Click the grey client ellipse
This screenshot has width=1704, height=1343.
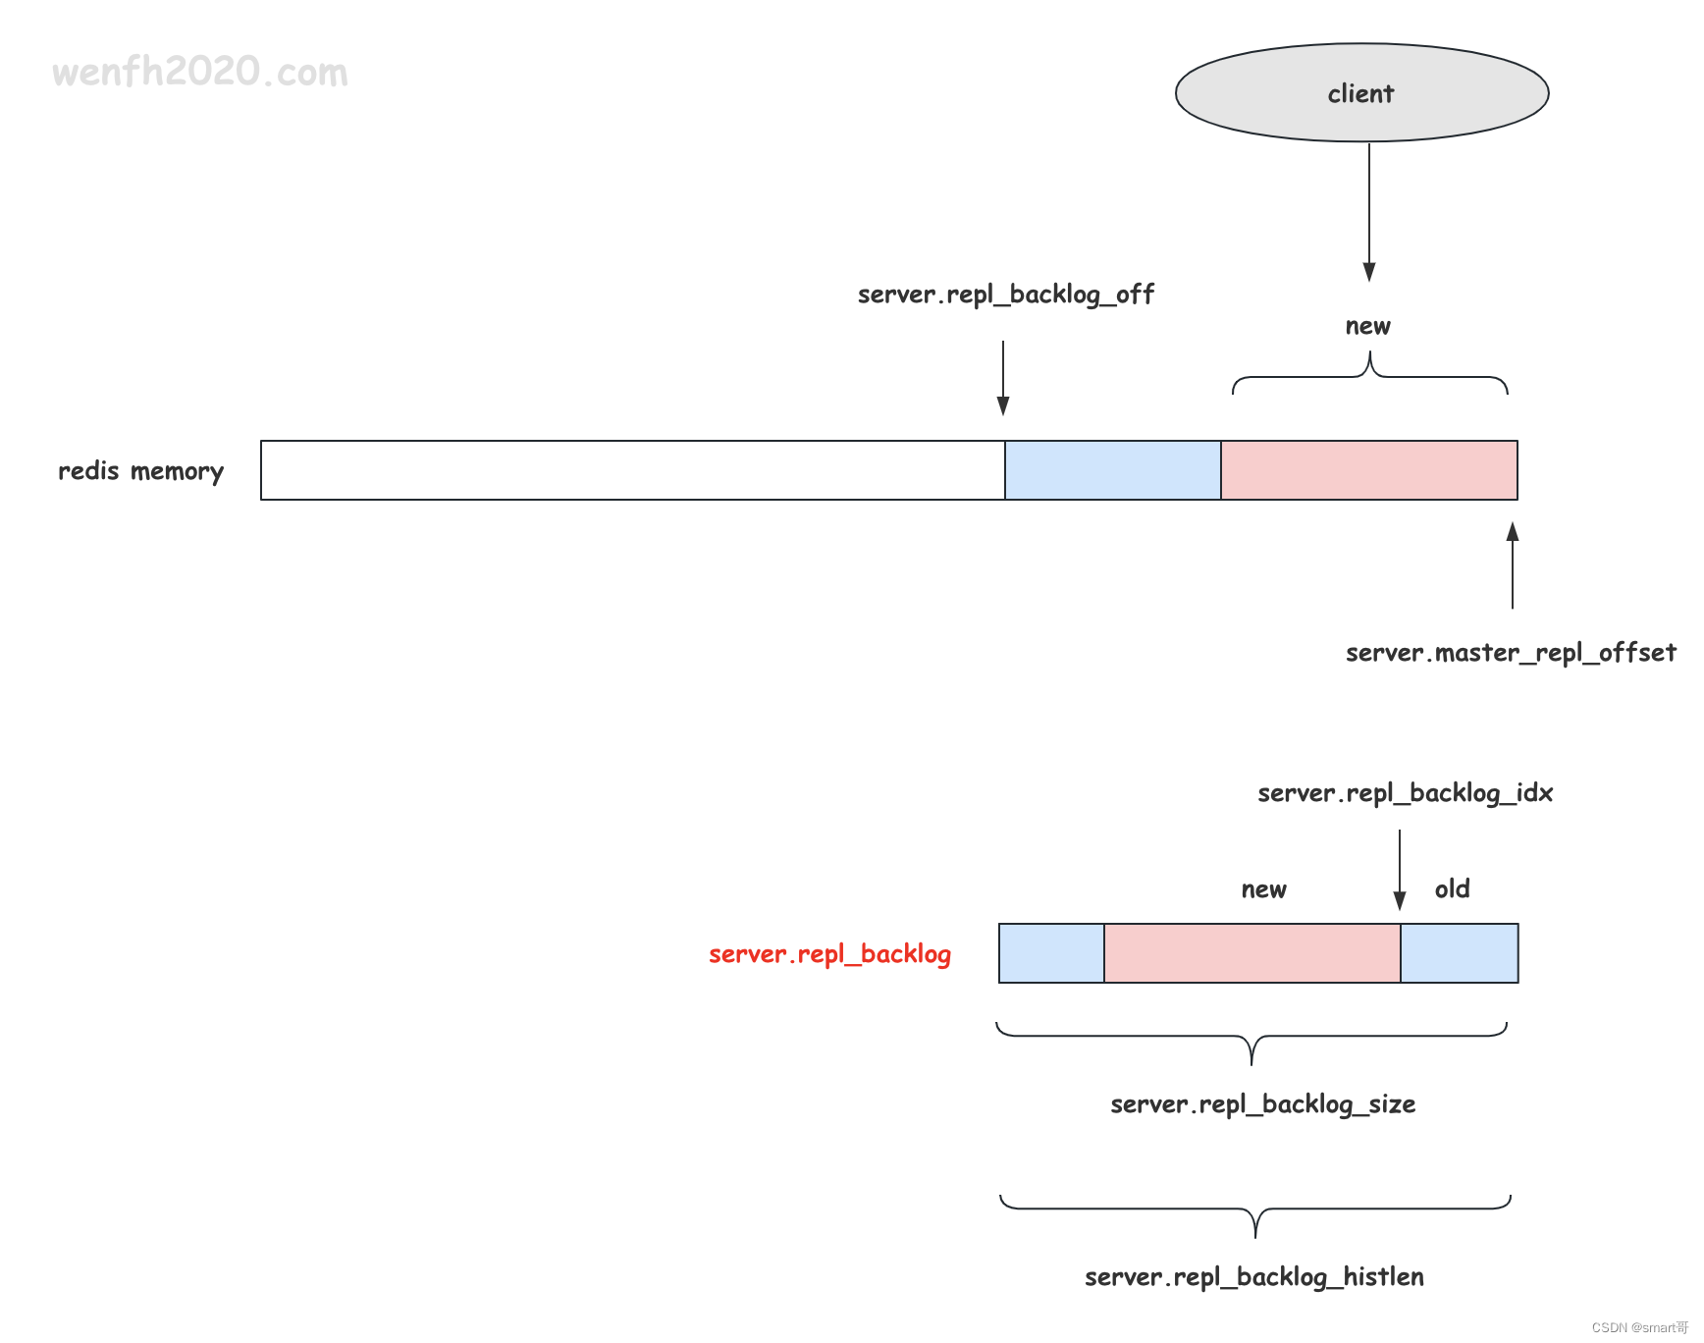[1361, 93]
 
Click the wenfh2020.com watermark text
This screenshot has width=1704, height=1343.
[200, 72]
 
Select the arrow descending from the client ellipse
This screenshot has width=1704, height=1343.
[1369, 211]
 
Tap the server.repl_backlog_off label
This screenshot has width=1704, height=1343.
[1005, 295]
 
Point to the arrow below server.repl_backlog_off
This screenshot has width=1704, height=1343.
[1003, 378]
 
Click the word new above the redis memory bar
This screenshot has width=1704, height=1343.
[1367, 326]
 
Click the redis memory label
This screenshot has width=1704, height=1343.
[141, 471]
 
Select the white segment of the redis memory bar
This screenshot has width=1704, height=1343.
[632, 470]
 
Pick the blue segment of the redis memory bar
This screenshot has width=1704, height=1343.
[1113, 470]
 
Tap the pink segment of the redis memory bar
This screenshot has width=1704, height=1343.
[1369, 470]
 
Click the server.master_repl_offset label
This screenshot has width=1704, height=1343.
[1511, 653]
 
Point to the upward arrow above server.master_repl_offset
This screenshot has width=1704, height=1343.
[1513, 565]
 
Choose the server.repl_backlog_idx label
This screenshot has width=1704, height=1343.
[1405, 793]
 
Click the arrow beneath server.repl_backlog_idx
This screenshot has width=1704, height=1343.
[1400, 869]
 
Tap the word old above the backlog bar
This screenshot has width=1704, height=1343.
[1452, 889]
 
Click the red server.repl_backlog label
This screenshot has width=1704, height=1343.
[829, 954]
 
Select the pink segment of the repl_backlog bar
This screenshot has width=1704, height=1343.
[1252, 953]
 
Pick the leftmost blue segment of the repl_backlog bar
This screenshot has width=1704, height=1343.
[1051, 953]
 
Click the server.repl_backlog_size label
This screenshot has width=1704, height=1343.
[1262, 1104]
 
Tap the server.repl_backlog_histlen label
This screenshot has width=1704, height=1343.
[1253, 1277]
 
